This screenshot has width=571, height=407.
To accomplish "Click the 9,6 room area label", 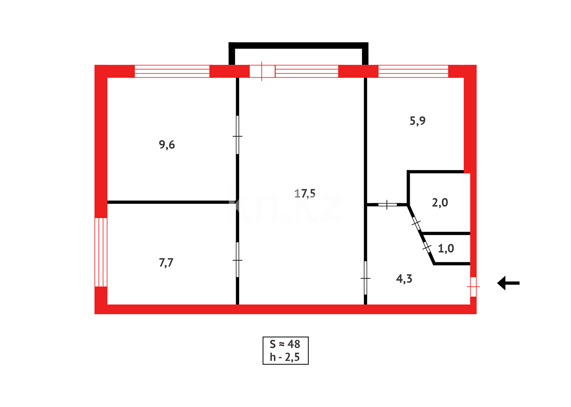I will pos(166,145).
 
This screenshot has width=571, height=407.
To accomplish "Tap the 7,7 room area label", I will pos(166,263).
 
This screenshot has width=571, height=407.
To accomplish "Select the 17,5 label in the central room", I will pos(305,194).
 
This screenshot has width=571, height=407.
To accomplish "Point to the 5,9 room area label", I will pos(417,121).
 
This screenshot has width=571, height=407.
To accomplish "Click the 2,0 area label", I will pos(440,203).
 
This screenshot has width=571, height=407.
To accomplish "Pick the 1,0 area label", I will pos(446,249).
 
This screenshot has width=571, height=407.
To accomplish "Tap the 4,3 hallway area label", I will pos(404,279).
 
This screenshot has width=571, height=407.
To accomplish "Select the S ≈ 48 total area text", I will pos(285,344).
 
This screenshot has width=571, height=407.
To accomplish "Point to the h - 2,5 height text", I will pos(285,357).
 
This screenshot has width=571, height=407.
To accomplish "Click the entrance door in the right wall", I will pos(473,287).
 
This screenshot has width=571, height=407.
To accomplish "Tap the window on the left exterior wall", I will pos(101,252).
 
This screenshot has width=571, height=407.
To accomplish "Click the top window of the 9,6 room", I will pos(172,71).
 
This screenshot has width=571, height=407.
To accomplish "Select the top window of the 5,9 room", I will pos(413,71).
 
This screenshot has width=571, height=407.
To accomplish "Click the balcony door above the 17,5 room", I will pos(262,71).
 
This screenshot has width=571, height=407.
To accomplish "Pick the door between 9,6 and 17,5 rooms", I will pos(237,136).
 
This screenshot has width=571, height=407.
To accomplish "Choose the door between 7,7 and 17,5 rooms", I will pos(237,260).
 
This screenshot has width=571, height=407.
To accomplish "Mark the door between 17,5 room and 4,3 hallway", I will pos(365,278).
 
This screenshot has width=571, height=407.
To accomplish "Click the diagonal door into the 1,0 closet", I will pos(427,247).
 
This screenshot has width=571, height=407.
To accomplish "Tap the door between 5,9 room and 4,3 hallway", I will pos(387,205).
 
